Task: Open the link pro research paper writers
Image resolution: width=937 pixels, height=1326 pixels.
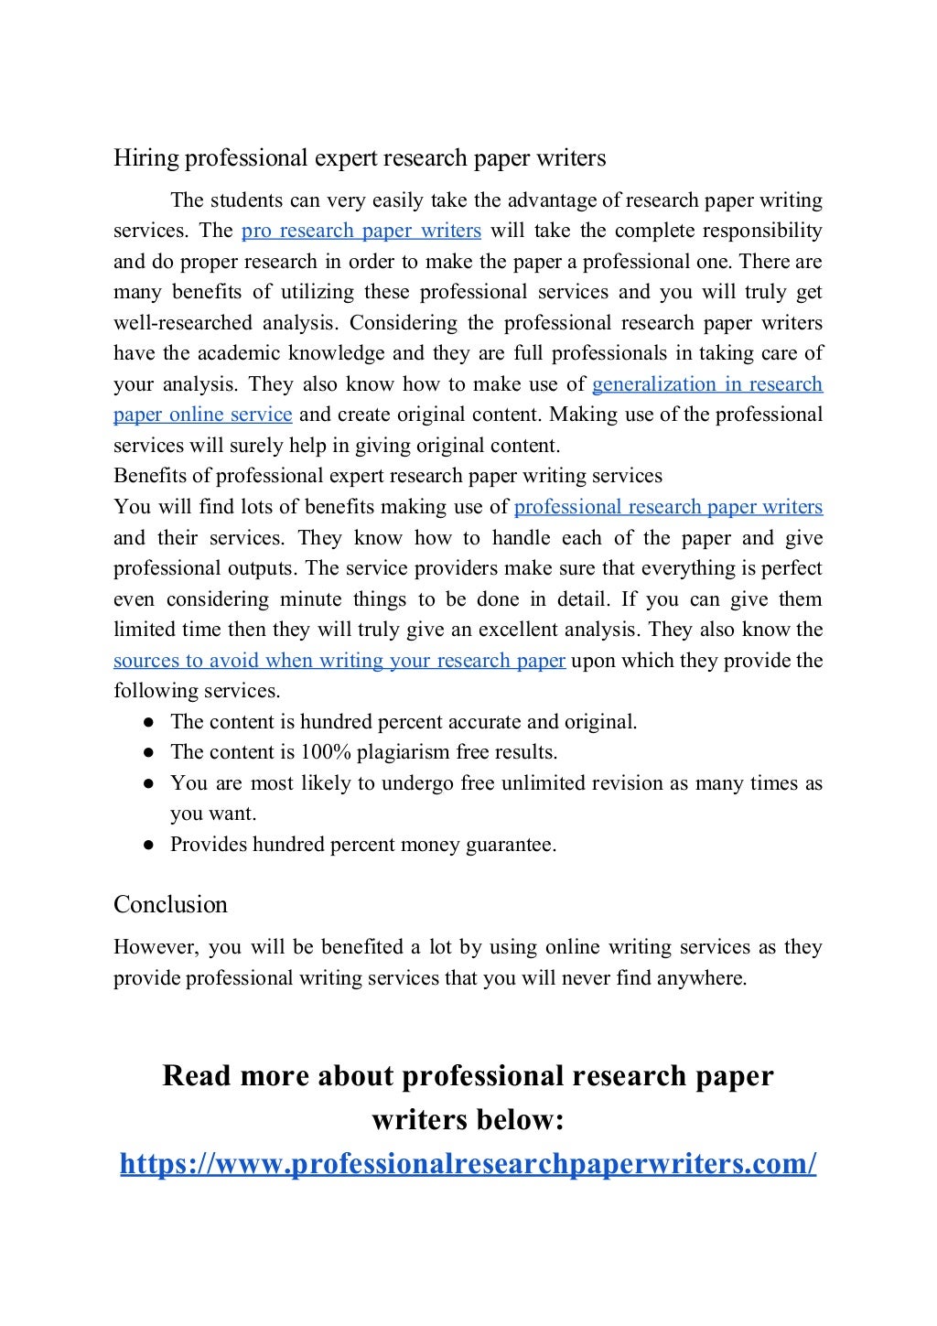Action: coord(361,231)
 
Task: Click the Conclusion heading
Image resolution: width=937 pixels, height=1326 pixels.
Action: coord(170,904)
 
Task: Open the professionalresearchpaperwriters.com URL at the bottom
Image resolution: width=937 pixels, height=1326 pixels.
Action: coord(468,1164)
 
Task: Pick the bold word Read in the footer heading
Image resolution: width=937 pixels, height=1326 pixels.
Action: coord(197,1076)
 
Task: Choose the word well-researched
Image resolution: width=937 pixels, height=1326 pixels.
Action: coord(183,323)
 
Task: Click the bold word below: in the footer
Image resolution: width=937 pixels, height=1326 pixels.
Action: coord(520,1120)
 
